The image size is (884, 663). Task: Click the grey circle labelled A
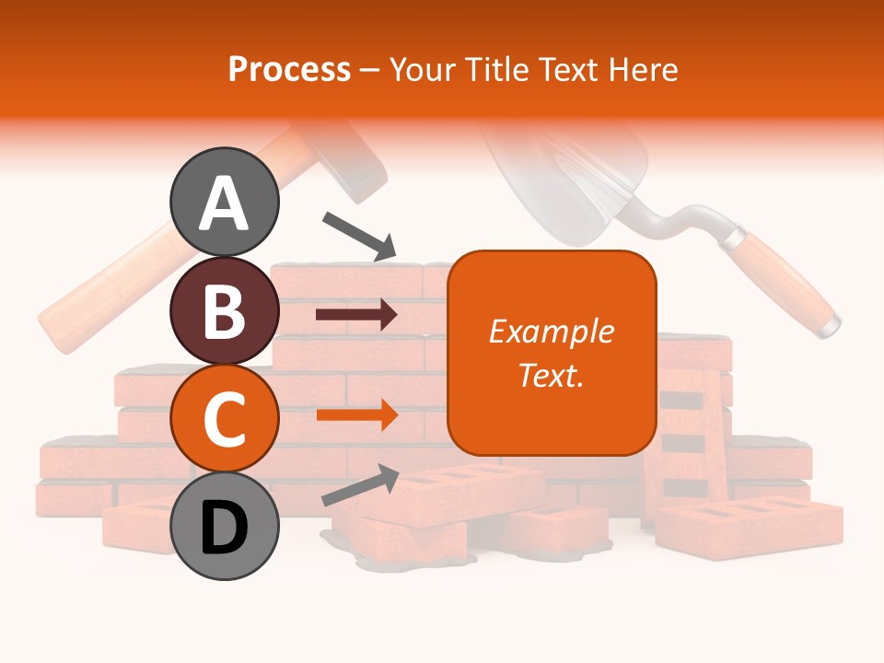(x=225, y=202)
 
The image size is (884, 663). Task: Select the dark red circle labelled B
(x=225, y=310)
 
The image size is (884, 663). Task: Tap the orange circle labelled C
(x=225, y=419)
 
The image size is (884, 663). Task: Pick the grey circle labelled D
(x=225, y=527)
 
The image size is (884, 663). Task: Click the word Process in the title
(x=289, y=70)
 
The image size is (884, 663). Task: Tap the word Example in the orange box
(x=552, y=331)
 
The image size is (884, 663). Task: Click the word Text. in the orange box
(x=552, y=375)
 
